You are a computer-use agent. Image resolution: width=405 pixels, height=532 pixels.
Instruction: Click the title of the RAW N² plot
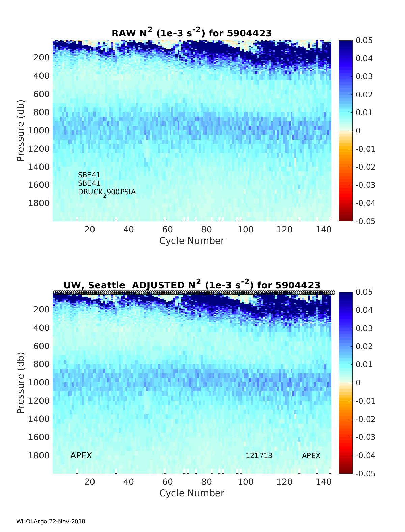(192, 33)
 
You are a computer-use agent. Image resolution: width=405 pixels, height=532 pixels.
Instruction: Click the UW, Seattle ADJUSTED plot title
(192, 285)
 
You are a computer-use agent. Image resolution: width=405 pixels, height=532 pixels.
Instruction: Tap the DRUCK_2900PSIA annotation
(107, 192)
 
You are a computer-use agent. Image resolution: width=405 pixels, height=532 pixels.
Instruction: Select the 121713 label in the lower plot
(259, 456)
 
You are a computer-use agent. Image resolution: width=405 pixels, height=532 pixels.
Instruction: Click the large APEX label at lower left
(81, 456)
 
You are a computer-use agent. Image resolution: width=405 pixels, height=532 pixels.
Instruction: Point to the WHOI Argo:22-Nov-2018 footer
(51, 521)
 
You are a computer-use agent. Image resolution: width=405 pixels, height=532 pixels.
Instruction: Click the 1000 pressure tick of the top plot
(41, 131)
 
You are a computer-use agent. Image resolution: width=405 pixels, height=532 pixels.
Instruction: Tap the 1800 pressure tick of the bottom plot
(41, 455)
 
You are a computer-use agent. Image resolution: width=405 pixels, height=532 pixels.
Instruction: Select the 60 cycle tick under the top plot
(168, 230)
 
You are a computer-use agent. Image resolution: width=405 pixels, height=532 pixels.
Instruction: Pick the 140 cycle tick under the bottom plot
(324, 482)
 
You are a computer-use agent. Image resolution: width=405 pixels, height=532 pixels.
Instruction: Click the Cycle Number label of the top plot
(192, 241)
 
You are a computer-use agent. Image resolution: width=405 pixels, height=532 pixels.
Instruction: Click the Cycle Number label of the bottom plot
(192, 493)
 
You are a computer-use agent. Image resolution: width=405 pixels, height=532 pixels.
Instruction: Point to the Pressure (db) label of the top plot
(21, 130)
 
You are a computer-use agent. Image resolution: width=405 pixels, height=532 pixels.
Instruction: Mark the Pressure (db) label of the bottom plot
(21, 383)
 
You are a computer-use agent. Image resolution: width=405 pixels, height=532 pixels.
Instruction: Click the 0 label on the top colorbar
(358, 131)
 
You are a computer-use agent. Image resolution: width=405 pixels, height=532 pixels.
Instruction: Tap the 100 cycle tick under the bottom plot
(246, 482)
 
